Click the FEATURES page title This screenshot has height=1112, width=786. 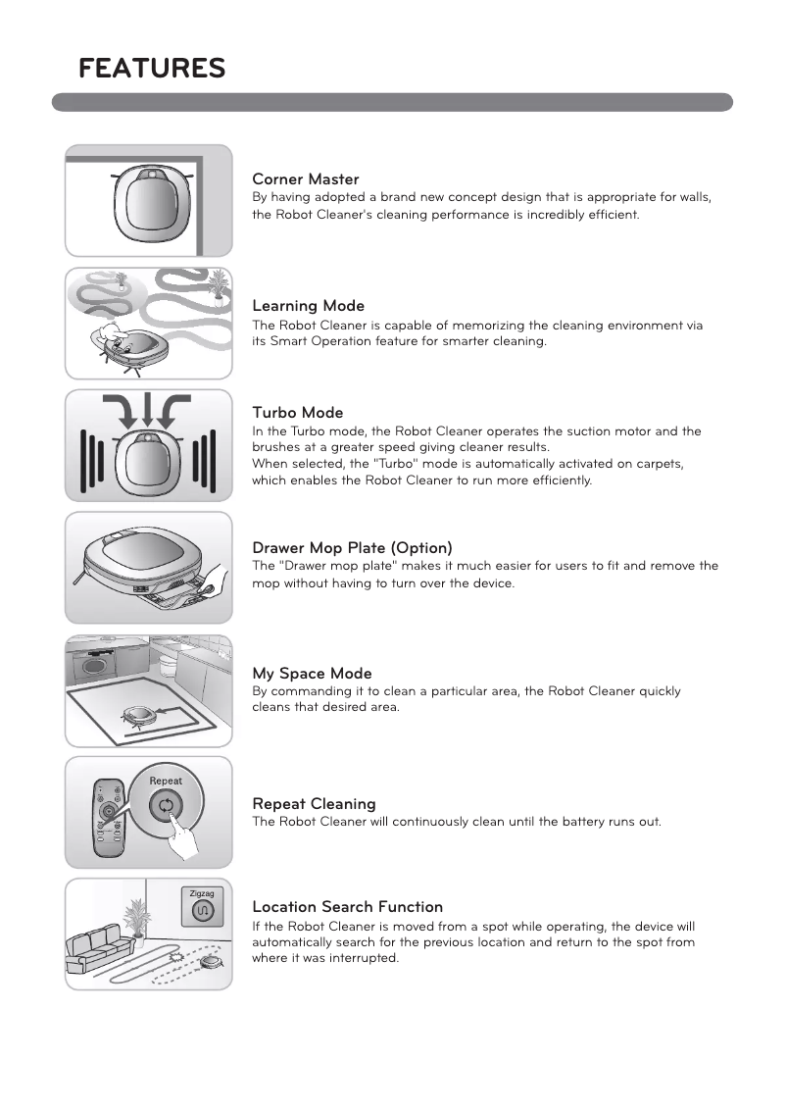point(152,69)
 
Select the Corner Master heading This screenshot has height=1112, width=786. point(306,179)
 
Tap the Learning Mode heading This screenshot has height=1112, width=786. point(308,306)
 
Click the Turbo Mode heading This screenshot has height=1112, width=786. point(298,413)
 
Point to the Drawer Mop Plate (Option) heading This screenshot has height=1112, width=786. point(352,547)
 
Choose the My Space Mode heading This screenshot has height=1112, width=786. point(312,674)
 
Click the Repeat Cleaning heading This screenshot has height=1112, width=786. point(314,804)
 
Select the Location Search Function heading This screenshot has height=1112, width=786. point(347,907)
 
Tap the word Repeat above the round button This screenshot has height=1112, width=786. point(166,782)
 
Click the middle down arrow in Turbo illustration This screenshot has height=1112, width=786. point(148,413)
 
